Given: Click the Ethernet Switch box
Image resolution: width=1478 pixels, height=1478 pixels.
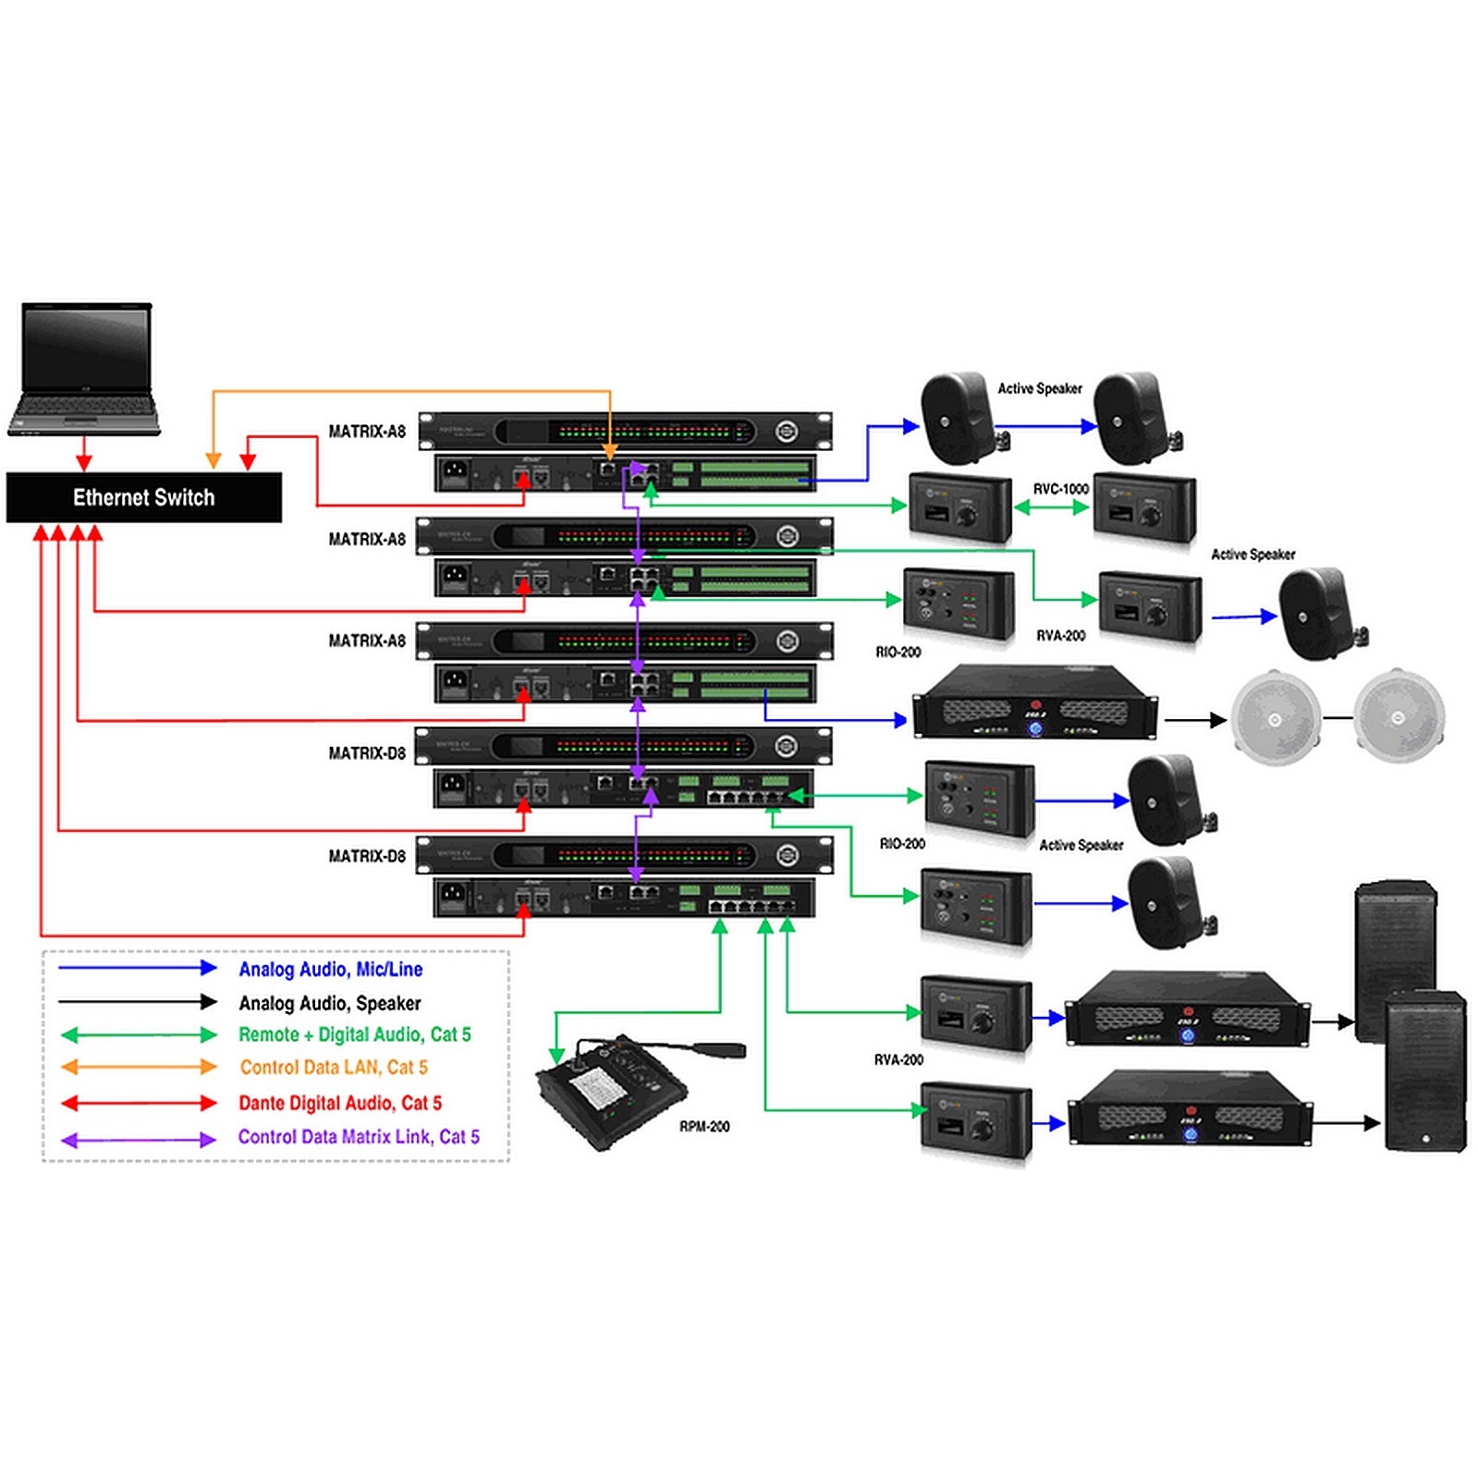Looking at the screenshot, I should pyautogui.click(x=144, y=497).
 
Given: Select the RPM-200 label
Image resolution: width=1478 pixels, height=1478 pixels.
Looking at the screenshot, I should pyautogui.click(x=704, y=1126).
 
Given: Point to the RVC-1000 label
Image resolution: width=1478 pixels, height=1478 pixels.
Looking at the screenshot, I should pyautogui.click(x=1060, y=488).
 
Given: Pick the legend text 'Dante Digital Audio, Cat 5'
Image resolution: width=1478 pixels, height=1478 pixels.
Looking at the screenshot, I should pyautogui.click(x=340, y=1103).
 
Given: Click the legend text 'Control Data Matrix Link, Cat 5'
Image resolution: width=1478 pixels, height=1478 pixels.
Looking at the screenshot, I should pyautogui.click(x=359, y=1137).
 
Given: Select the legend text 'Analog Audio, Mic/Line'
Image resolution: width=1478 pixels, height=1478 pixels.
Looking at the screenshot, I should pyautogui.click(x=330, y=969).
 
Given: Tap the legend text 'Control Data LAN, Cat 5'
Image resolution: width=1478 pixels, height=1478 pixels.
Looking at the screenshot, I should pyautogui.click(x=334, y=1068).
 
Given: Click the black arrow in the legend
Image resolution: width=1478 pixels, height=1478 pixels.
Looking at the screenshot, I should pyautogui.click(x=138, y=1001).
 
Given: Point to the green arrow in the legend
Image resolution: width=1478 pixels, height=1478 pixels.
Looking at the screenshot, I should pyautogui.click(x=138, y=1034).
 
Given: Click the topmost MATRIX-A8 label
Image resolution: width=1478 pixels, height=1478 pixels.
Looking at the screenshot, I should pyautogui.click(x=367, y=432).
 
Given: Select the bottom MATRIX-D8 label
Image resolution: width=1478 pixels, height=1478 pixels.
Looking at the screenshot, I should pyautogui.click(x=367, y=856).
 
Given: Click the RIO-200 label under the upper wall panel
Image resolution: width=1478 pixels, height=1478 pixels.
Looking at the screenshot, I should pyautogui.click(x=898, y=652).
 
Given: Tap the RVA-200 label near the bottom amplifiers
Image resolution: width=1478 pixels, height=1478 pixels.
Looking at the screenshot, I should pyautogui.click(x=898, y=1059).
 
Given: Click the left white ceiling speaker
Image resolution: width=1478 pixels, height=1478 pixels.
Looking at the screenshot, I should pyautogui.click(x=1276, y=718).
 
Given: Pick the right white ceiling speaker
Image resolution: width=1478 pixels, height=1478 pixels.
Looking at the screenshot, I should pyautogui.click(x=1399, y=717).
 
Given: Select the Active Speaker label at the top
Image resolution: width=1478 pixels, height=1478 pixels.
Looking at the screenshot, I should pyautogui.click(x=1040, y=388).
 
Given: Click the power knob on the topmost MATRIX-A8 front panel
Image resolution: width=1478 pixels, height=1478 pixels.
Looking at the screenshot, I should pyautogui.click(x=787, y=431).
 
